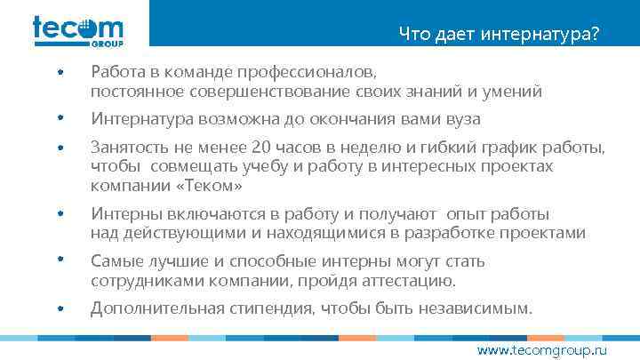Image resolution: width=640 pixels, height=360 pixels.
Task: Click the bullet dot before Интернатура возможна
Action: pyautogui.click(x=60, y=119)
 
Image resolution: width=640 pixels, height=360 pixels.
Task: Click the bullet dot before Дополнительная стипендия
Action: pyautogui.click(x=60, y=309)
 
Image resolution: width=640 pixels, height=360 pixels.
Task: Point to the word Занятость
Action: pyautogui.click(x=128, y=147)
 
